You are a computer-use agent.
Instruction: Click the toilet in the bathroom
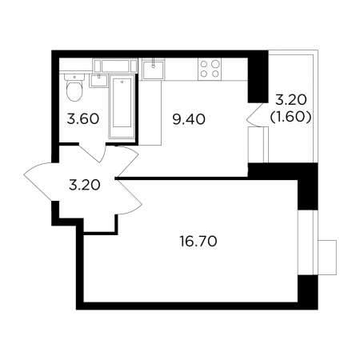click(74, 87)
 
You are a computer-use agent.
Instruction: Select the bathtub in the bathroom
click(122, 106)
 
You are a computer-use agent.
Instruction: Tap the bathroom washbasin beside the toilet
click(98, 81)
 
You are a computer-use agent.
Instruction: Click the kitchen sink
click(153, 70)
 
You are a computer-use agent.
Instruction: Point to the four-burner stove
click(210, 70)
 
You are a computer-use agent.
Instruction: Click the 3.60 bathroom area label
click(83, 119)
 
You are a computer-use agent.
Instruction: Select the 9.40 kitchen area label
click(189, 119)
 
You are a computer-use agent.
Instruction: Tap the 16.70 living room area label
click(198, 242)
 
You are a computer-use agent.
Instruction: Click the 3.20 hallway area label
click(85, 185)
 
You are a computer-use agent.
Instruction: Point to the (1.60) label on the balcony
click(290, 117)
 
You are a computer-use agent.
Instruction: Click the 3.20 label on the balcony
click(291, 101)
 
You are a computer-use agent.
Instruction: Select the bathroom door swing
click(93, 153)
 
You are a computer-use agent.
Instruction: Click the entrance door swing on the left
click(41, 182)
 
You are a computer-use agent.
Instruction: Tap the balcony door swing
click(254, 114)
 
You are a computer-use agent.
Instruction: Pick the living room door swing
click(129, 197)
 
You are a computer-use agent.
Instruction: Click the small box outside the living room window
click(327, 257)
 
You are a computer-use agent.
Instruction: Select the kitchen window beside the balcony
click(258, 145)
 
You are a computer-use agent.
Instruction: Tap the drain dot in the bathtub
click(122, 82)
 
